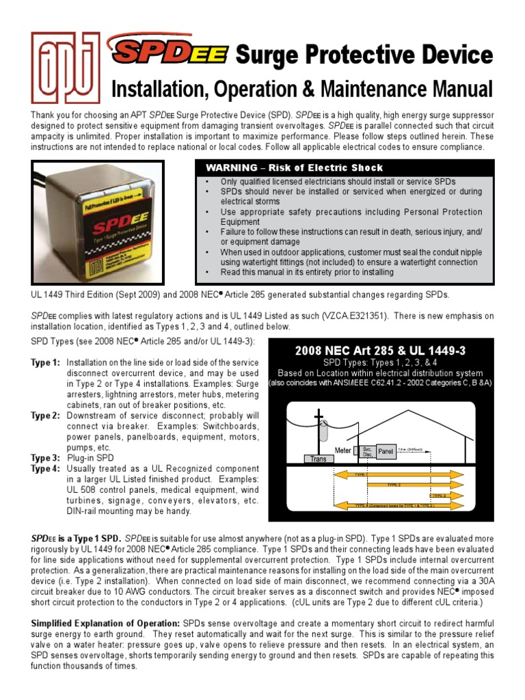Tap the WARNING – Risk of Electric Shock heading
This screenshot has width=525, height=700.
[295, 167]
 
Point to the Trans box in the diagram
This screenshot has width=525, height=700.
[318, 459]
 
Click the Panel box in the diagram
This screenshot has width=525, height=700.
[386, 452]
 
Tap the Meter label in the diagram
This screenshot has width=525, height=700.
[342, 450]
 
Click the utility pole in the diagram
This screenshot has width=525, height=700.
[318, 431]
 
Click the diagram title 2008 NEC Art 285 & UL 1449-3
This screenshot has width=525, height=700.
[380, 351]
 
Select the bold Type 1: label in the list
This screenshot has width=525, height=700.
[45, 362]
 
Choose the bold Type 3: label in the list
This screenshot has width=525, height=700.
[45, 457]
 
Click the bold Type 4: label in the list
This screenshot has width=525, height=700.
[45, 468]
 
